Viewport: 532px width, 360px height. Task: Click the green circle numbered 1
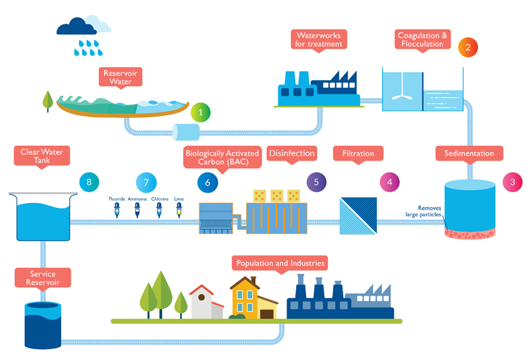(201, 112)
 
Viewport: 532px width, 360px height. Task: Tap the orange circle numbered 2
(468, 47)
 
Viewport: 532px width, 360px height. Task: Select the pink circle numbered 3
(512, 182)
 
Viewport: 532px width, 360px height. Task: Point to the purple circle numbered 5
(316, 182)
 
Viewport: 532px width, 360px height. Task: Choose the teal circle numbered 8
(89, 182)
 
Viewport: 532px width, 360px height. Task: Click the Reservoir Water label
(120, 78)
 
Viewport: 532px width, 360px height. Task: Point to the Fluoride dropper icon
(116, 210)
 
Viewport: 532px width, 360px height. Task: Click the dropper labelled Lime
(179, 210)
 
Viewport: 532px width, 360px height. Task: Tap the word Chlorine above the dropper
(160, 199)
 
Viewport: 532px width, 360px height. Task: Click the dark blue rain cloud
(77, 26)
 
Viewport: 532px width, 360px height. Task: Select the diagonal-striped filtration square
(358, 216)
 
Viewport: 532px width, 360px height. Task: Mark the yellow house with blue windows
(245, 298)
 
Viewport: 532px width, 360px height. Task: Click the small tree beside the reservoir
(47, 101)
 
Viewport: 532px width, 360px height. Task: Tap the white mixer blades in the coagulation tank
(402, 96)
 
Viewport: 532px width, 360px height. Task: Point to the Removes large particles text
(424, 211)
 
